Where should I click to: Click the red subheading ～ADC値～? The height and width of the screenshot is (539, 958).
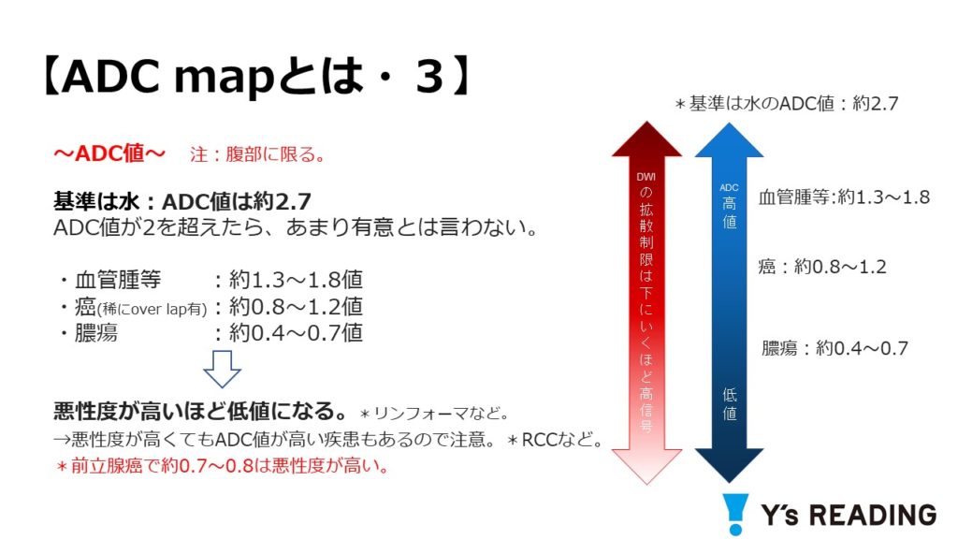[x=109, y=153]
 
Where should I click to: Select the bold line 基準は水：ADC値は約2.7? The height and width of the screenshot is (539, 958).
[x=182, y=201]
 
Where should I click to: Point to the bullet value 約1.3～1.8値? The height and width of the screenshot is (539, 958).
[x=296, y=280]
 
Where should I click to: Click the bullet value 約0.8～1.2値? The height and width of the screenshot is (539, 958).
[x=296, y=306]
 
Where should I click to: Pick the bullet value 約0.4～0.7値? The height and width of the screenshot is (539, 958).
[x=296, y=333]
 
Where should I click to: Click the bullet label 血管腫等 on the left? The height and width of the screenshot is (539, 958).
[x=118, y=280]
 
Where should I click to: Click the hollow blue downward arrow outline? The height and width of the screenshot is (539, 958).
[x=222, y=369]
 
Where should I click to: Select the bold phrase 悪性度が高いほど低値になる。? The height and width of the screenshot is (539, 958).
[x=202, y=411]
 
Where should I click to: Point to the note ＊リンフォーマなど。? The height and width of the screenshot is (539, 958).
[x=435, y=414]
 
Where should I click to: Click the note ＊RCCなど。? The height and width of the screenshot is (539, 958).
[x=556, y=440]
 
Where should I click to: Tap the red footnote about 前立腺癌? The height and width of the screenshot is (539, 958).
[x=222, y=466]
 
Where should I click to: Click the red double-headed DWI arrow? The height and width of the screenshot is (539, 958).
[x=646, y=303]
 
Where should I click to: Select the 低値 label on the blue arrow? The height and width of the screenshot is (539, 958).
[x=730, y=404]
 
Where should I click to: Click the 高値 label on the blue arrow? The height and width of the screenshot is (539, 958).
[x=730, y=212]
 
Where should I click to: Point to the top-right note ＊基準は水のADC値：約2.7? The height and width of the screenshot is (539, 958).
[x=786, y=104]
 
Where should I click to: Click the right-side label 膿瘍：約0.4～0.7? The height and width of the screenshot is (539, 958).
[x=835, y=348]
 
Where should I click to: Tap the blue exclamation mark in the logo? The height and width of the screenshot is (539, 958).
[x=735, y=514]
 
